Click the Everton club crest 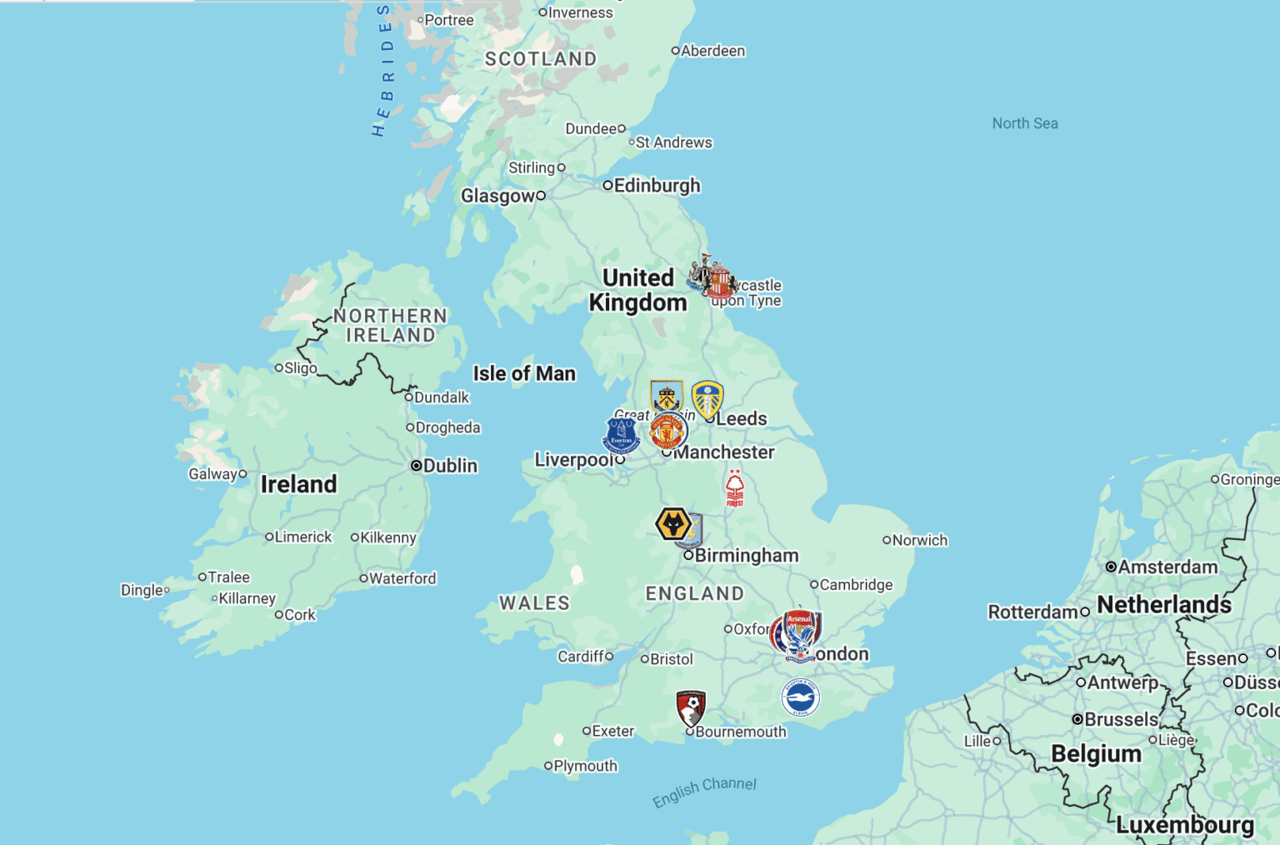[621, 435]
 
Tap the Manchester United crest [667, 431]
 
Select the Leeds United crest [707, 399]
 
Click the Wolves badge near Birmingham [673, 525]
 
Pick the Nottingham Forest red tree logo [734, 487]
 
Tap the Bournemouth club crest [691, 708]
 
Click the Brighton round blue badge [800, 697]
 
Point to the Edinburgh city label [657, 186]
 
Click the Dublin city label [450, 466]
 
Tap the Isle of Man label [524, 373]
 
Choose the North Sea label [1025, 123]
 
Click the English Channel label [704, 791]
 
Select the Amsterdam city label [1167, 567]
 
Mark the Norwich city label [920, 540]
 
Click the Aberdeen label [712, 51]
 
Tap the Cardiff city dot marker [609, 657]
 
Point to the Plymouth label [585, 766]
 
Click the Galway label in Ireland [212, 474]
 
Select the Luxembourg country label [1184, 825]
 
